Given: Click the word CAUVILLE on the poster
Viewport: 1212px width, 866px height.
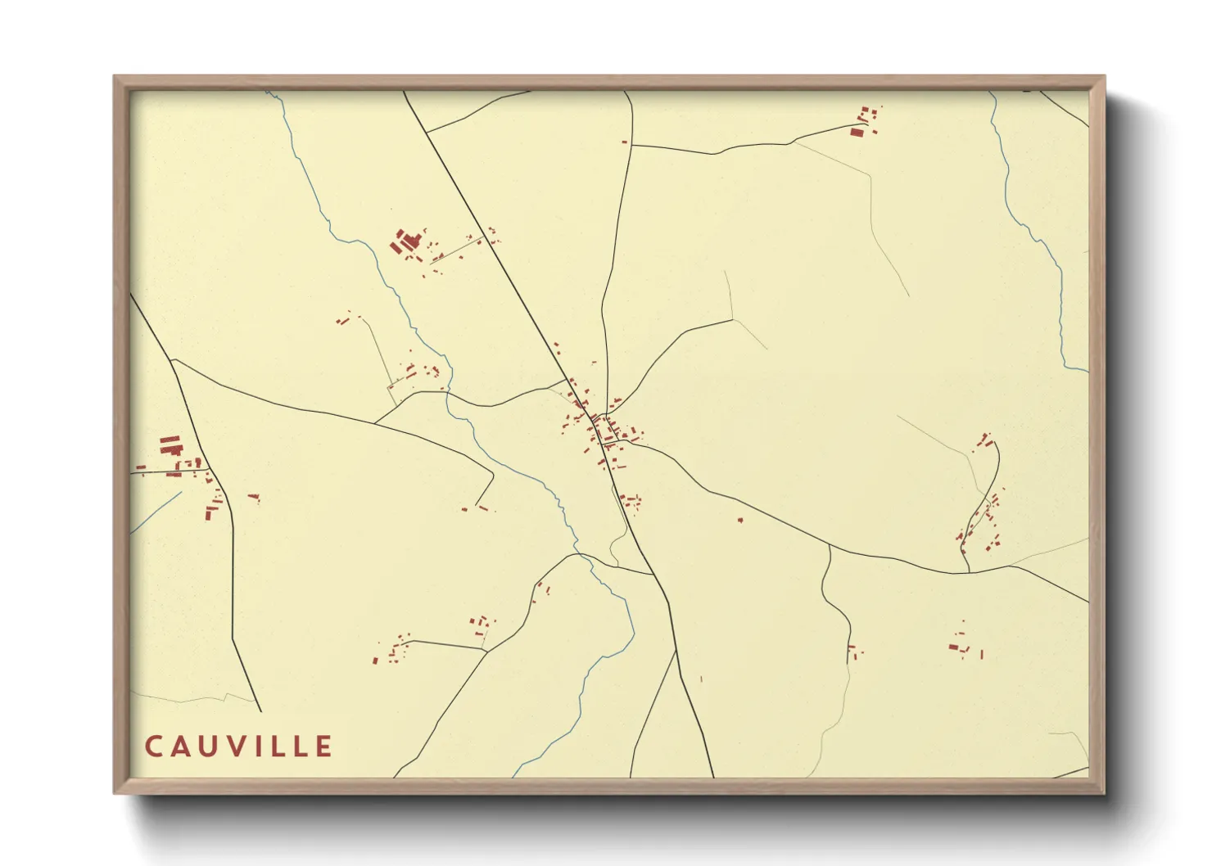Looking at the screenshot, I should (x=239, y=746).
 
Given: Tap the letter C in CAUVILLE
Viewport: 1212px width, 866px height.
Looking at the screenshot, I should (x=153, y=746).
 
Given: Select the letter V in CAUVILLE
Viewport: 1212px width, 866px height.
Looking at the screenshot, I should (x=237, y=746).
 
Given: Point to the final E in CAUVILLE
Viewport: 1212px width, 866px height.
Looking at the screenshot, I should (x=324, y=746).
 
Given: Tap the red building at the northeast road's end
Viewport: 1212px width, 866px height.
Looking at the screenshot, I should (x=857, y=131).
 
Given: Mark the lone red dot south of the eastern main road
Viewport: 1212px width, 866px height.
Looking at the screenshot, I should (x=740, y=519).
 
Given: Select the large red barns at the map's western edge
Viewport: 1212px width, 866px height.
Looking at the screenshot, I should (x=170, y=445).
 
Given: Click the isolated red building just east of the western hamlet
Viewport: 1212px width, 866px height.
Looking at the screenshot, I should (x=253, y=496).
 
